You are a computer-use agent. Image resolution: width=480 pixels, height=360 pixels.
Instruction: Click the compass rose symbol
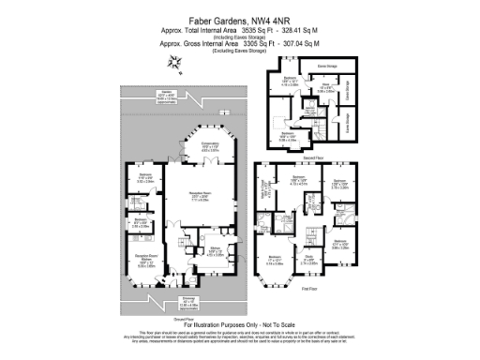[172, 63]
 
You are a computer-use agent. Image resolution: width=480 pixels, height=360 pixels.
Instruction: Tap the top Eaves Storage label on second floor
[327, 67]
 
